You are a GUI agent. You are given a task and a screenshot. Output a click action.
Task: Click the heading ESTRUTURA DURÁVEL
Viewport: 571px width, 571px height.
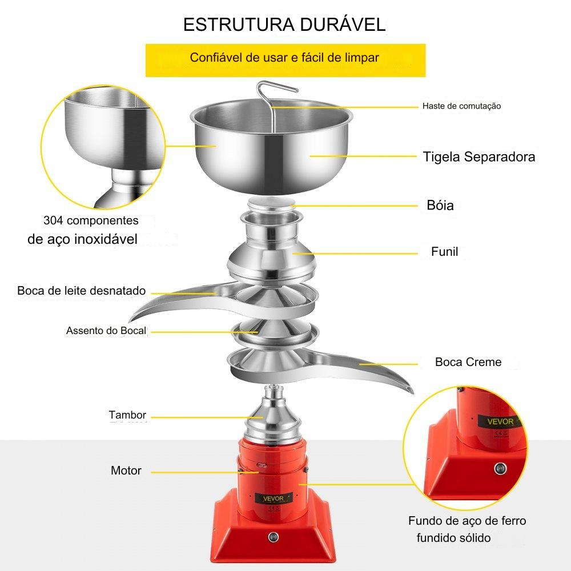point(284,25)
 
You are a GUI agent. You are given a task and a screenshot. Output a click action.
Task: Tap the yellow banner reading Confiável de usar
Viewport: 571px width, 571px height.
point(285,60)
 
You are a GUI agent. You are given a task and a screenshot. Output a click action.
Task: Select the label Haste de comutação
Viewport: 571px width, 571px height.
point(461,106)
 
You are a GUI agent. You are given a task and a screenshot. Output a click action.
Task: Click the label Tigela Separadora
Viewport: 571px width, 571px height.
point(479,157)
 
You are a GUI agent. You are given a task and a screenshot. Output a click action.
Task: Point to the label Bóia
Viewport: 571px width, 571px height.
point(440,206)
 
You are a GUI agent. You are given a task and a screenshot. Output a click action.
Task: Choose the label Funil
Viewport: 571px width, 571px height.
point(444,252)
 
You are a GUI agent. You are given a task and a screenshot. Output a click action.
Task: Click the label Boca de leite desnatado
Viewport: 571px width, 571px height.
point(81,291)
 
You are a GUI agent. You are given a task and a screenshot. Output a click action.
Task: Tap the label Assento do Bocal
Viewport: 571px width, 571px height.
point(106,331)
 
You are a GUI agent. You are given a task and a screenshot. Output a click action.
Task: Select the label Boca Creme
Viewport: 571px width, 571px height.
point(468,362)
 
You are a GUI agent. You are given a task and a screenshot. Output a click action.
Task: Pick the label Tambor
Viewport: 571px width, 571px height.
point(127,415)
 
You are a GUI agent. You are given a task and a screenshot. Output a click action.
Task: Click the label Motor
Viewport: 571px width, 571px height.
point(126,471)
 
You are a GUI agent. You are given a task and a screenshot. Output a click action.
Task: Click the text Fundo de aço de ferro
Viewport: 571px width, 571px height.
point(467,521)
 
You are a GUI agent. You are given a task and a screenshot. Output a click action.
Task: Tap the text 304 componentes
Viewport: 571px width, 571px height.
point(91,220)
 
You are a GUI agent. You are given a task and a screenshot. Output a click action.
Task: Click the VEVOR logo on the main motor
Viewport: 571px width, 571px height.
point(273,498)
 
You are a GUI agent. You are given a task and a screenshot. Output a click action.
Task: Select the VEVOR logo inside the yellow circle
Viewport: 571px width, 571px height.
point(501,422)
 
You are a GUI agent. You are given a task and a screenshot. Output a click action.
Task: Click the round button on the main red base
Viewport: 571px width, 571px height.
point(273,537)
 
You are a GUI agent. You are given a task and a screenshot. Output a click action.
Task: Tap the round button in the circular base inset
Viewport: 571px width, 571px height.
point(500,468)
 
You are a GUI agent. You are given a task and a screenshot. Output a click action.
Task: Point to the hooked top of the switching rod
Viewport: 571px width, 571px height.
point(277,87)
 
